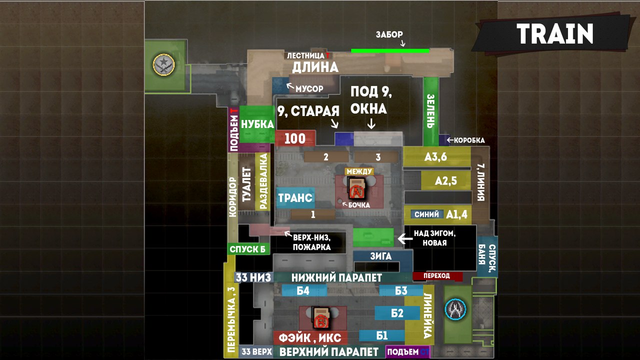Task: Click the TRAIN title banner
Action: click(551, 33)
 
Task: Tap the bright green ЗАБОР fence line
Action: click(390, 51)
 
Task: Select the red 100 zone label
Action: click(295, 138)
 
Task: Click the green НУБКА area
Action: click(257, 124)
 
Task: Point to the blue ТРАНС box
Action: click(295, 197)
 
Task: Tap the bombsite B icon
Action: click(321, 317)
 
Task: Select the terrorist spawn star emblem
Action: click(163, 65)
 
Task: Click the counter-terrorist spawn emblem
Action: click(455, 309)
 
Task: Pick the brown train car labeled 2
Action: click(326, 157)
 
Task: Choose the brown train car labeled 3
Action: click(376, 157)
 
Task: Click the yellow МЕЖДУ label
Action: click(359, 171)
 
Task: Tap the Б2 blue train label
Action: click(397, 313)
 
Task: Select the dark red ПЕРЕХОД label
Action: click(437, 276)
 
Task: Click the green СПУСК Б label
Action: click(248, 249)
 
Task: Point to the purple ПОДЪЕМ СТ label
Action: click(407, 352)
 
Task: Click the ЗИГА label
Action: click(381, 256)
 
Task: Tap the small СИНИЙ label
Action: click(427, 214)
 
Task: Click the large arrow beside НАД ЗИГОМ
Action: click(405, 238)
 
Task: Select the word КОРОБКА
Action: click(469, 140)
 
